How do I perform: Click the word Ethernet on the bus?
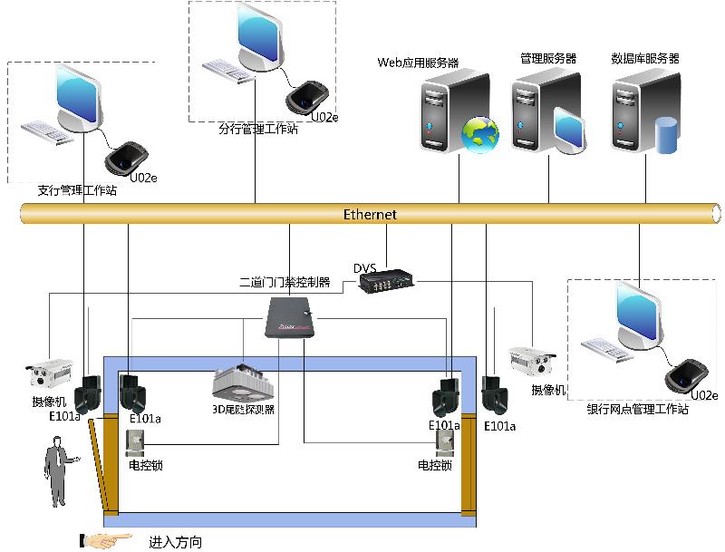tap(370, 215)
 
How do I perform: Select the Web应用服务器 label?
tap(418, 63)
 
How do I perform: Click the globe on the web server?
tap(479, 134)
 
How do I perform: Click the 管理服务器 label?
tap(548, 58)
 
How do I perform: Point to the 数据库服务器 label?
tap(645, 58)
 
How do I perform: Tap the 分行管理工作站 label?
tap(257, 129)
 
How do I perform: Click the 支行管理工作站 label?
tap(77, 190)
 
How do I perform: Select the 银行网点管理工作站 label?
tap(638, 410)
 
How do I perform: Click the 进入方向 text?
tap(175, 542)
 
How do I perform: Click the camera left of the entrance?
tap(51, 369)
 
